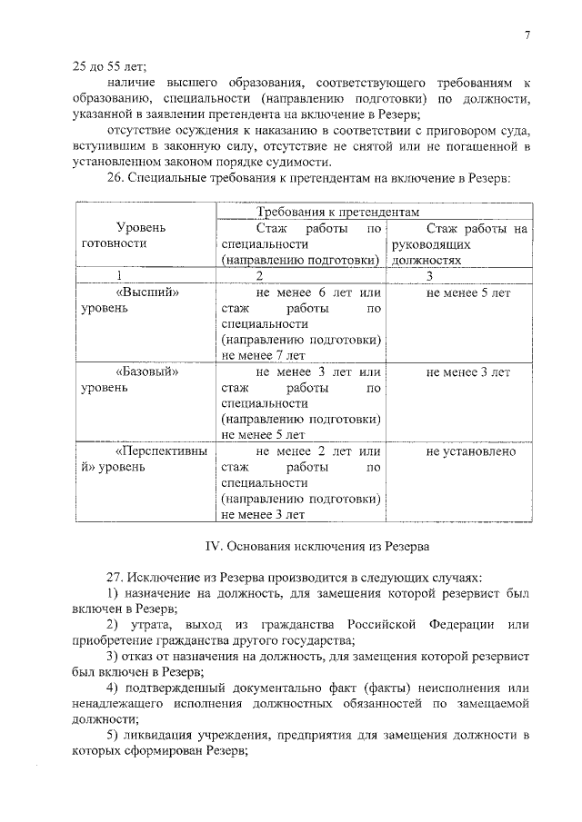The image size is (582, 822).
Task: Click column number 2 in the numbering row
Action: [x=259, y=275]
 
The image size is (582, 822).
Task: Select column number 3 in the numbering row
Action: [x=430, y=275]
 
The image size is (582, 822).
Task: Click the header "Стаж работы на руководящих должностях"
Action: [x=457, y=244]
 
